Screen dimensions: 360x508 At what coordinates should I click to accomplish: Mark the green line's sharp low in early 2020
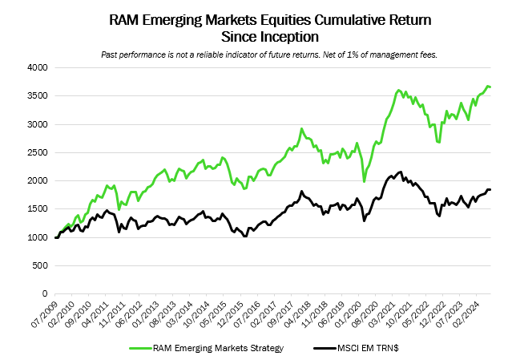tap(365, 181)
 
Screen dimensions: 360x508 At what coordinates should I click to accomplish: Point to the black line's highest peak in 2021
tap(400, 172)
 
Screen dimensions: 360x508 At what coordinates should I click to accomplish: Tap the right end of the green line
tap(490, 87)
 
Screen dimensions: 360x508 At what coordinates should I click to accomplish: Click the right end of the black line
tap(490, 189)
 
